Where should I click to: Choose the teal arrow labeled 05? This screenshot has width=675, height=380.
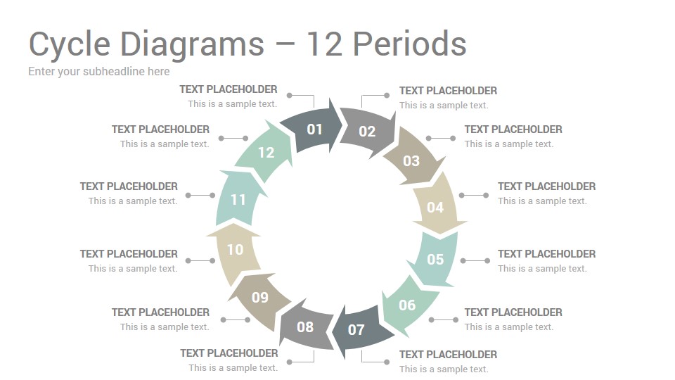point(435,258)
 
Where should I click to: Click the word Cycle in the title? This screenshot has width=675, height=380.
point(70,44)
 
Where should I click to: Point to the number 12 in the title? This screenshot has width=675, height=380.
point(324,44)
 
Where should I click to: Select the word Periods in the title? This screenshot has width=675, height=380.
point(409,44)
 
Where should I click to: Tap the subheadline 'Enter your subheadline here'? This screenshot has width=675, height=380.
point(99,72)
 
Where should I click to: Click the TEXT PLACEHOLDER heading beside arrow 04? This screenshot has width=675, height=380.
point(547,186)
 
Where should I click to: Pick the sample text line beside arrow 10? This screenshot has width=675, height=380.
point(133,268)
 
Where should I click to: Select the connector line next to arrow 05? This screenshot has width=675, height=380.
point(475,260)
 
